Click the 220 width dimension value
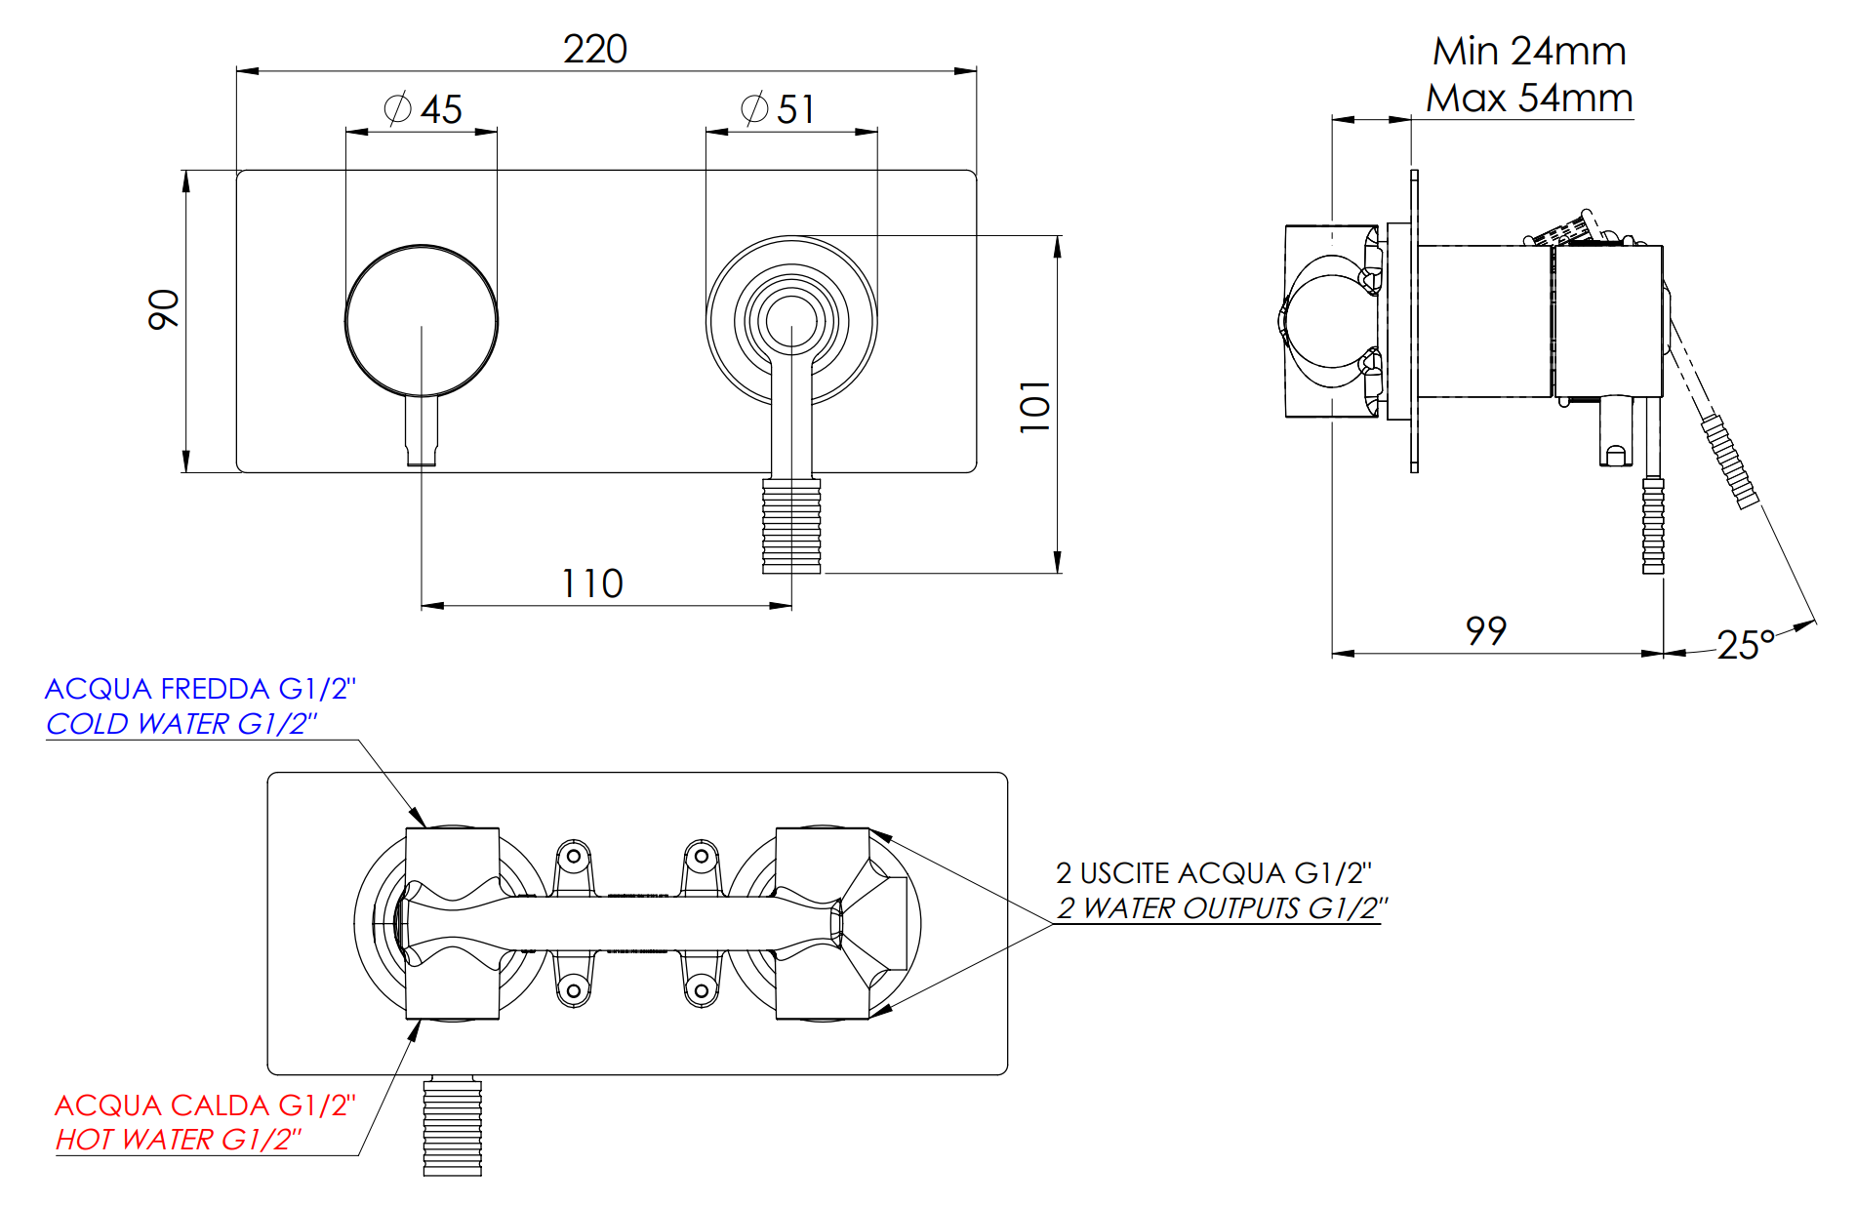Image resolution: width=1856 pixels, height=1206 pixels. (x=594, y=49)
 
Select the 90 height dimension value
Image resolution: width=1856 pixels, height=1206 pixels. (x=164, y=309)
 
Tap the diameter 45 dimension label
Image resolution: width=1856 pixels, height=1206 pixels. (x=423, y=109)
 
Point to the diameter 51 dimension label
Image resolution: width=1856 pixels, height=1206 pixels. (x=778, y=109)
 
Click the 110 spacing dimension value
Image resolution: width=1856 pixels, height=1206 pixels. (x=591, y=583)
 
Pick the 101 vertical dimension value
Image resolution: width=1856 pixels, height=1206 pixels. (x=1034, y=406)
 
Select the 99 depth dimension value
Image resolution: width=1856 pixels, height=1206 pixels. (x=1486, y=631)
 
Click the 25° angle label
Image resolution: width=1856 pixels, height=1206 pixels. (x=1746, y=645)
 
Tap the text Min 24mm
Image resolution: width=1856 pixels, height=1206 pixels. (x=1529, y=51)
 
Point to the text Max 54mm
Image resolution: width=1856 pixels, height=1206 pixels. (x=1529, y=98)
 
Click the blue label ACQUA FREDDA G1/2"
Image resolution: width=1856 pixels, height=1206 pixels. (x=200, y=689)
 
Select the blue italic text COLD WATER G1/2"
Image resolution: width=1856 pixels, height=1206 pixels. (x=182, y=724)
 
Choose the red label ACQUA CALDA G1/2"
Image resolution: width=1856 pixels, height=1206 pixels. (x=205, y=1105)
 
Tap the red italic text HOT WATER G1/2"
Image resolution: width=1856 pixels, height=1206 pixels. (x=179, y=1140)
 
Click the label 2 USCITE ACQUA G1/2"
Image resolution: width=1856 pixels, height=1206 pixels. (x=1214, y=873)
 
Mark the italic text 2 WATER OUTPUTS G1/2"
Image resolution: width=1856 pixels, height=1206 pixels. (x=1222, y=908)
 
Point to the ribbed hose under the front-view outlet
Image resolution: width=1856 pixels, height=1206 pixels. (x=791, y=525)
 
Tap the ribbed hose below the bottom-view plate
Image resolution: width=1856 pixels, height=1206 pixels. (x=452, y=1126)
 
